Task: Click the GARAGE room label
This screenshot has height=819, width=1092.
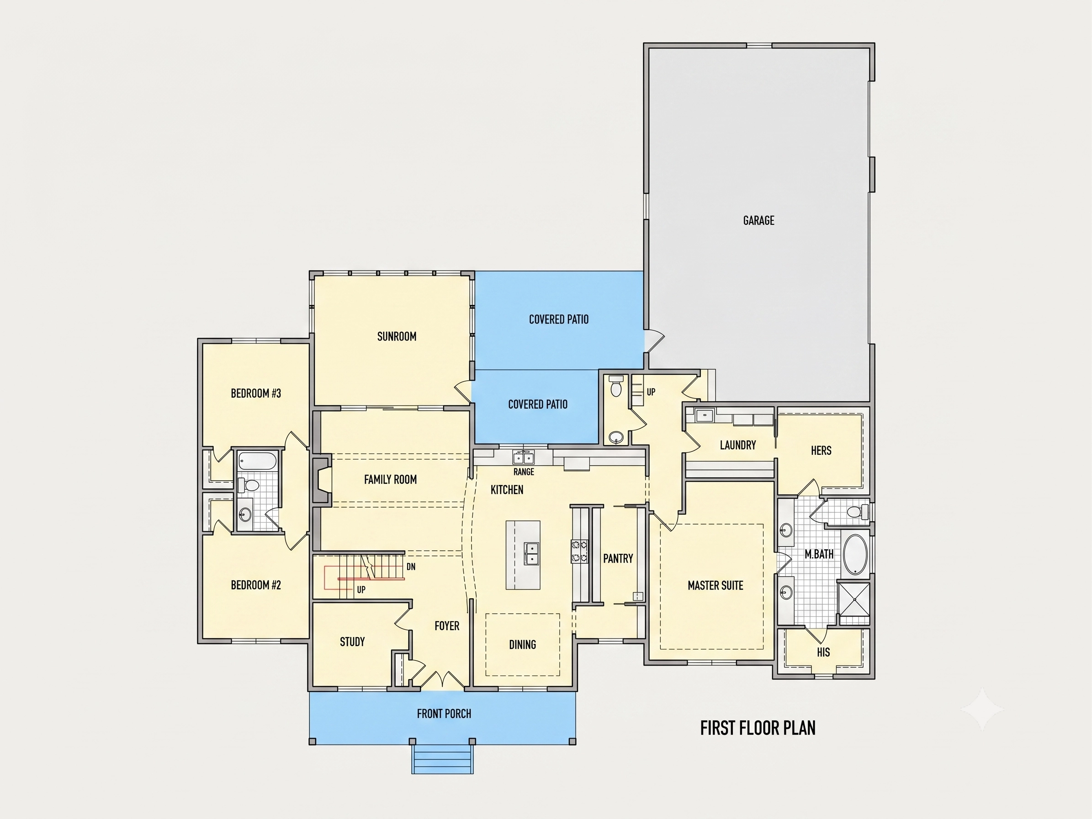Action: tap(759, 220)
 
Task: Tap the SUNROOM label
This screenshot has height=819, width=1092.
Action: tap(397, 336)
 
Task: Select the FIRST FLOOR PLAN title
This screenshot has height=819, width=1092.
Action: tap(758, 728)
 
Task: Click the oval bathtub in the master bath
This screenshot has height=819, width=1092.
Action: tap(856, 555)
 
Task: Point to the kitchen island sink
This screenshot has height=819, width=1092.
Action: tap(532, 553)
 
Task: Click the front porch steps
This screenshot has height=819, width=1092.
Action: tap(443, 759)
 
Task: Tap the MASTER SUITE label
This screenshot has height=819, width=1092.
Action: tap(716, 585)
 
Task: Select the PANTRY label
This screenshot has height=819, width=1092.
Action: tap(618, 558)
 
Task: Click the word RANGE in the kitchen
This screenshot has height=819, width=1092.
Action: tap(524, 472)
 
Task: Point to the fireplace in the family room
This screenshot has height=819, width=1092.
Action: tap(321, 480)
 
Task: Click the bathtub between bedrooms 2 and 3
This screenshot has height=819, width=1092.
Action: tap(258, 462)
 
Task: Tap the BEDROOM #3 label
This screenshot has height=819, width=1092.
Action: tap(256, 394)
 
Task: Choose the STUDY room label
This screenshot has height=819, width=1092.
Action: tap(352, 642)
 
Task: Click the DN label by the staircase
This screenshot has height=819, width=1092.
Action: tap(411, 567)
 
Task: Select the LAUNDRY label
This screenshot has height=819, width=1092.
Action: tap(738, 445)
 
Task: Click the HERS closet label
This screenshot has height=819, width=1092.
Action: tap(821, 451)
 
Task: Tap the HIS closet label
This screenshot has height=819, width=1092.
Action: tap(823, 652)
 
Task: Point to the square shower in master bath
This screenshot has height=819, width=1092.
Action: tap(854, 600)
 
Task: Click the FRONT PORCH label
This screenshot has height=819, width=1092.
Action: tap(444, 713)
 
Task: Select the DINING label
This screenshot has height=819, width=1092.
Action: tap(522, 644)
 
